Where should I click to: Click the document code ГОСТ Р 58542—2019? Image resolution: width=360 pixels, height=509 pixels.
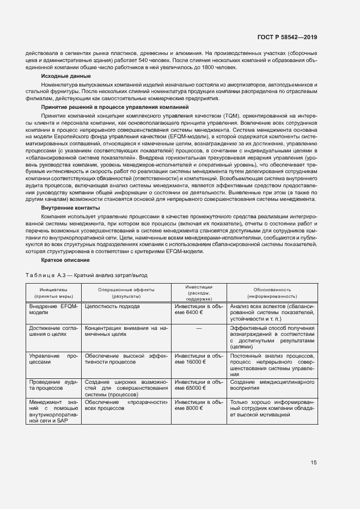click(286, 37)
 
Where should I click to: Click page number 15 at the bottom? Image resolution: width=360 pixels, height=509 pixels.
click(313, 463)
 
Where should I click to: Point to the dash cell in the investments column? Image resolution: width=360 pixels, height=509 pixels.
click(198, 328)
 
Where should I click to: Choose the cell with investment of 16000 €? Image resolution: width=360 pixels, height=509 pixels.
click(198, 359)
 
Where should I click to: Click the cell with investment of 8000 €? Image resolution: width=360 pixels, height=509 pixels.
click(198, 405)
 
